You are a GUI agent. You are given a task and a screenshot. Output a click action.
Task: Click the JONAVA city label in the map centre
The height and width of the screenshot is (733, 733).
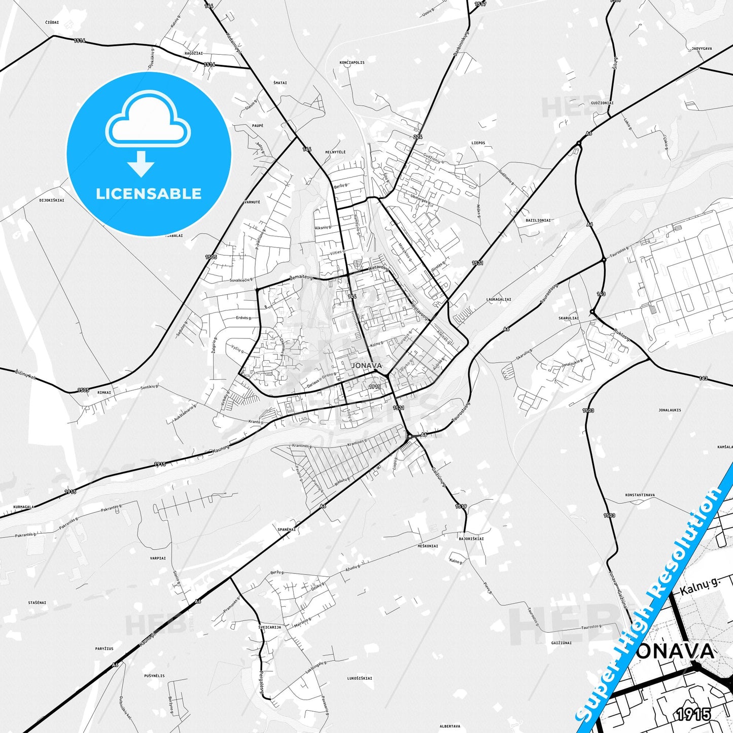[x=366, y=365]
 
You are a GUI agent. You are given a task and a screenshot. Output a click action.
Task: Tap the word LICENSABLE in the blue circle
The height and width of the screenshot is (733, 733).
[x=149, y=194]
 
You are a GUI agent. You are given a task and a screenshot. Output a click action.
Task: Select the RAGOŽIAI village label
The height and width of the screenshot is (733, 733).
[x=194, y=53]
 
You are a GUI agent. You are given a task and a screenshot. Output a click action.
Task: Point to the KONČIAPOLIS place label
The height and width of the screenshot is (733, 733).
[x=352, y=63]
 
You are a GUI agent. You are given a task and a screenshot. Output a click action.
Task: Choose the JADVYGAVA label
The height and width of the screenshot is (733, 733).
[x=702, y=49]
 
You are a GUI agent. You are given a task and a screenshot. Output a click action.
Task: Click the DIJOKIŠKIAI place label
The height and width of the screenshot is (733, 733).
[x=52, y=200]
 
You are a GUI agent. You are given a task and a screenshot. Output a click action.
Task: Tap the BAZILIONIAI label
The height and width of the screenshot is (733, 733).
[x=538, y=221]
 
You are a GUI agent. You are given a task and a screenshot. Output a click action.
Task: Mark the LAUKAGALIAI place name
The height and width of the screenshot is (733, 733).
[x=499, y=299]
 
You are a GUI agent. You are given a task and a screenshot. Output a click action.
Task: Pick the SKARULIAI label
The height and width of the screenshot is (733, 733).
[x=569, y=318]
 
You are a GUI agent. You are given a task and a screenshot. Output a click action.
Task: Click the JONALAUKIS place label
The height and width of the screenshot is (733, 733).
[x=670, y=410]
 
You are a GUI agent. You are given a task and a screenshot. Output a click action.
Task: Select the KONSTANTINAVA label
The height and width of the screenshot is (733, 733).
[x=640, y=495]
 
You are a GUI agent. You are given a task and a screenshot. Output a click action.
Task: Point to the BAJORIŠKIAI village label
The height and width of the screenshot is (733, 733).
[x=471, y=539]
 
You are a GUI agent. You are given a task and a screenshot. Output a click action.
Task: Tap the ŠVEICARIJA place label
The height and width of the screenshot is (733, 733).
[x=270, y=627]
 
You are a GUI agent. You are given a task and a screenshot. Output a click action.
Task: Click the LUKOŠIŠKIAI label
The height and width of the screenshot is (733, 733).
[x=360, y=678]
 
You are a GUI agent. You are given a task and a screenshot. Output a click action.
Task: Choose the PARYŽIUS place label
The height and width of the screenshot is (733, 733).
[x=104, y=649]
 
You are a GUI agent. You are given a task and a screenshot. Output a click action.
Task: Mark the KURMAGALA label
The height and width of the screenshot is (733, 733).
[x=24, y=507]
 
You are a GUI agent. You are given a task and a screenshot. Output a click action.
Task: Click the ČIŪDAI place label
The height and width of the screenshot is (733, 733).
[x=52, y=22]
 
